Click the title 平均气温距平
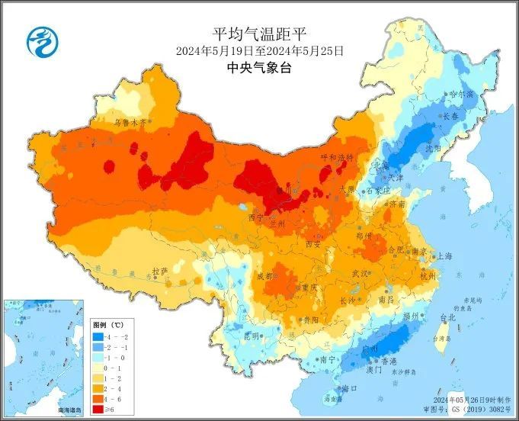[259, 34]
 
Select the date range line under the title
[259, 51]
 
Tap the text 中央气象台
[259, 69]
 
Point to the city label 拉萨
[159, 271]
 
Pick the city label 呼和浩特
[336, 157]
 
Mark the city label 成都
[264, 275]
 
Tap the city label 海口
[350, 387]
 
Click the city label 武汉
[360, 272]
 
